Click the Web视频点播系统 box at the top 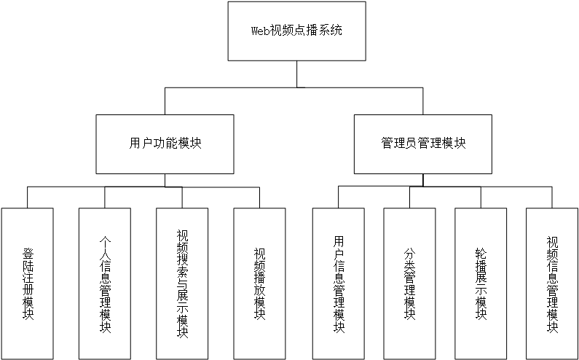click(x=296, y=31)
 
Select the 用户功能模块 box click(x=165, y=144)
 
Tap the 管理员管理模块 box click(x=423, y=144)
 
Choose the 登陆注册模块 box click(x=28, y=283)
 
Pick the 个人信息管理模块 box click(x=105, y=283)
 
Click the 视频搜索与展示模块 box click(x=182, y=283)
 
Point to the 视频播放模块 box click(x=259, y=283)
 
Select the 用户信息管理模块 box click(x=339, y=283)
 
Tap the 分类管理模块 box click(x=409, y=283)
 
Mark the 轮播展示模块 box click(x=481, y=283)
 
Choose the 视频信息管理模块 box click(x=552, y=283)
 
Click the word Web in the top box click(x=261, y=31)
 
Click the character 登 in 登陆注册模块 click(x=28, y=254)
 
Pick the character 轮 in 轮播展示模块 click(x=481, y=254)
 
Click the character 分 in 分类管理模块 click(x=409, y=254)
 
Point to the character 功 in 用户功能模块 click(x=159, y=144)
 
